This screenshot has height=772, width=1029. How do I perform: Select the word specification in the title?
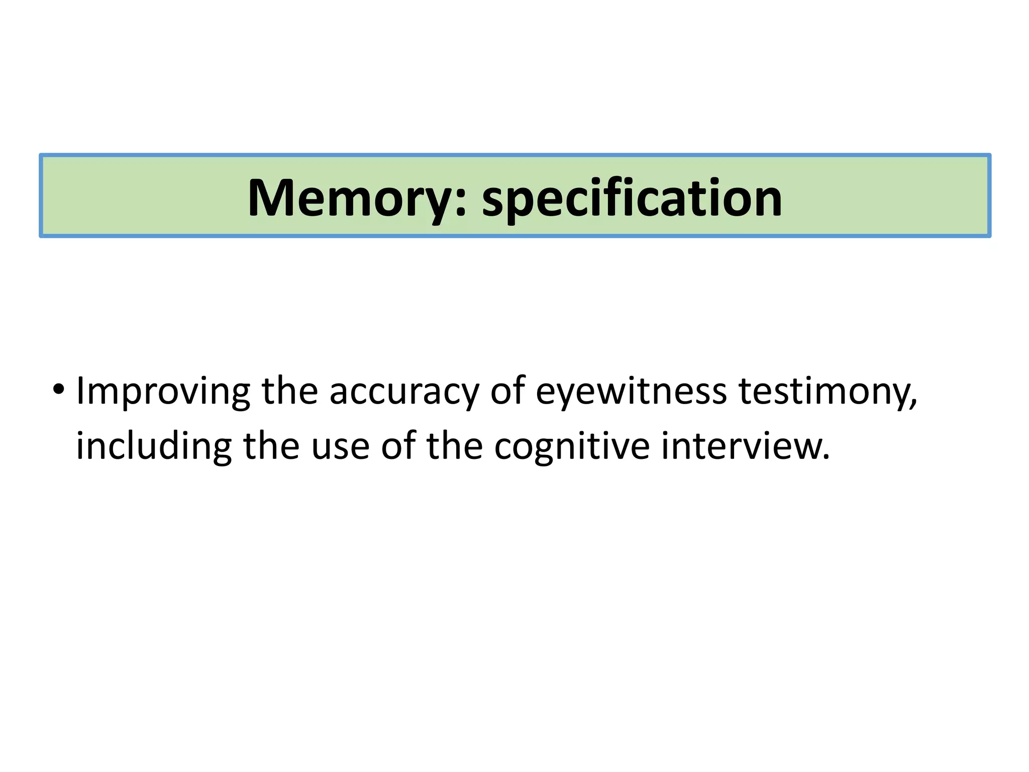point(632,199)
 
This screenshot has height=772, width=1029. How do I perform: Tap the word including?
point(154,446)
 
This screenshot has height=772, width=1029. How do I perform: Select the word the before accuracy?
point(290,391)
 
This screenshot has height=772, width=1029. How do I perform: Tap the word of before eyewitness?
point(507,391)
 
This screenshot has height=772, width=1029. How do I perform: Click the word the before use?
point(271,445)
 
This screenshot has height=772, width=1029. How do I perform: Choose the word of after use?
point(398,445)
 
